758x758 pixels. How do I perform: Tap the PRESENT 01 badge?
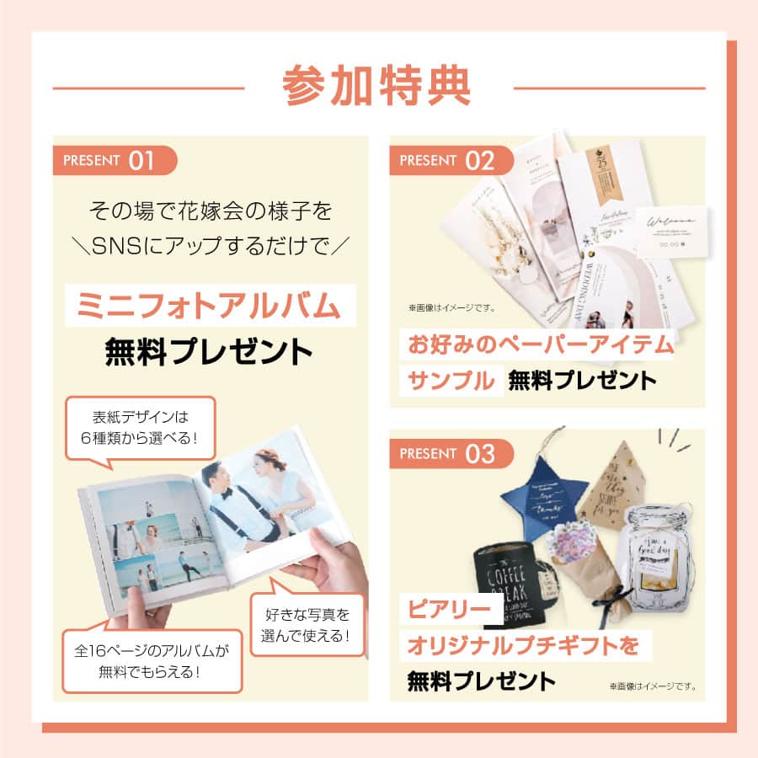coord(114,161)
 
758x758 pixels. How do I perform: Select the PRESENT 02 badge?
coord(451,161)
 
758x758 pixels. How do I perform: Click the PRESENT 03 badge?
coord(451,454)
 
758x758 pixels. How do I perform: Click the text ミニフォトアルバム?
coord(208,306)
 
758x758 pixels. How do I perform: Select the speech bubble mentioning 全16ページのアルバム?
coord(152,661)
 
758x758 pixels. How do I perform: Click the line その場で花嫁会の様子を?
coord(208,207)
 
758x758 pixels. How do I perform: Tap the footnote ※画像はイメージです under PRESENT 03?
coord(652,686)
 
